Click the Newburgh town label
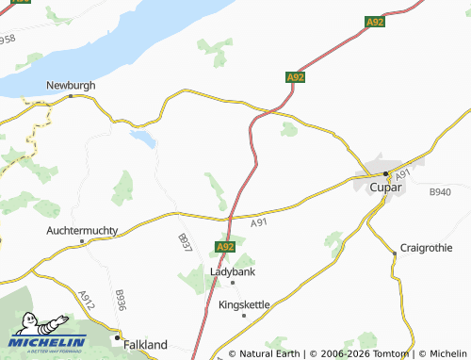click(72, 85)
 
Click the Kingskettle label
click(244, 305)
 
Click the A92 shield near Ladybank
click(224, 247)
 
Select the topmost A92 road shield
click(375, 21)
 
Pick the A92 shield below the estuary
click(295, 77)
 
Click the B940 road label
click(440, 192)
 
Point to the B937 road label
click(184, 242)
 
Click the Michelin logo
click(48, 336)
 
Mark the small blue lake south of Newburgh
click(143, 139)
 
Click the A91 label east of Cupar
click(402, 176)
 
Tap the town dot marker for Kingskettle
click(244, 316)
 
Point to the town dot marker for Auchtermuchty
click(83, 240)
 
